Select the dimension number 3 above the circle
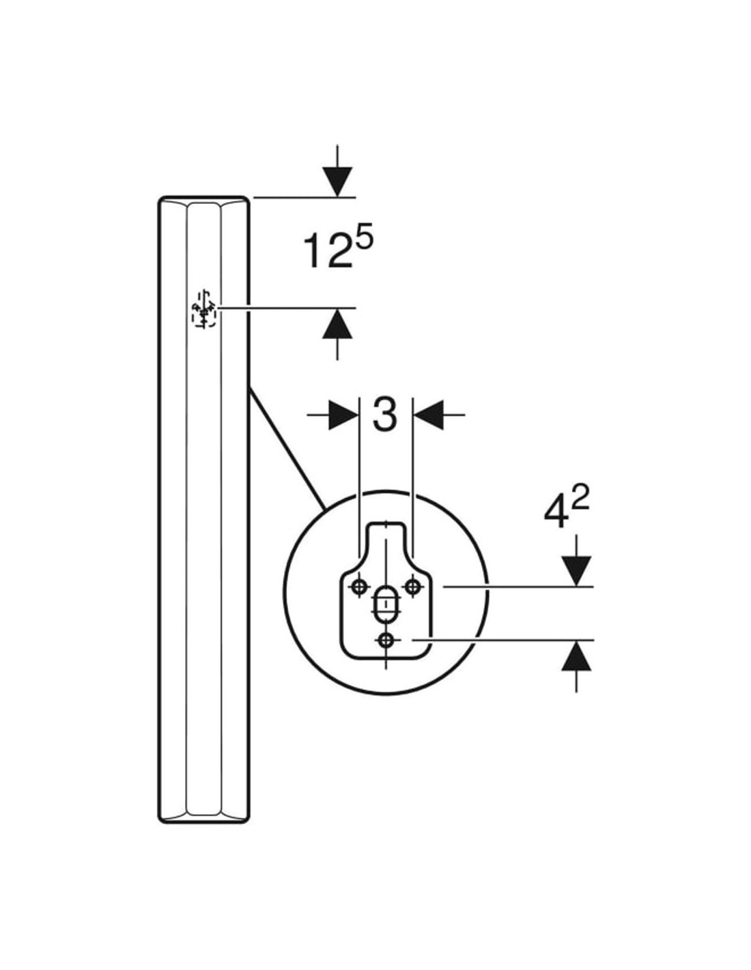click(385, 414)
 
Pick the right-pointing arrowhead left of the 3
click(343, 415)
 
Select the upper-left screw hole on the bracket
click(360, 586)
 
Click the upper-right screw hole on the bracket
click(412, 585)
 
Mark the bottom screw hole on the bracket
click(386, 640)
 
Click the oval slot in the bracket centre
click(386, 603)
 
